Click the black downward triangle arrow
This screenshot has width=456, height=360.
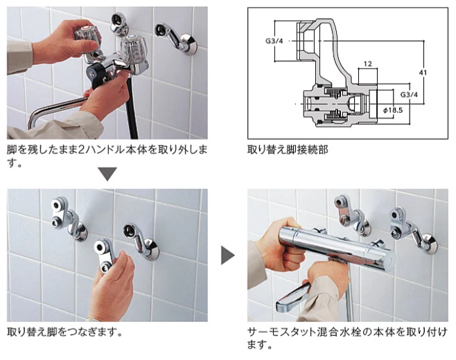tap(107, 174)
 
